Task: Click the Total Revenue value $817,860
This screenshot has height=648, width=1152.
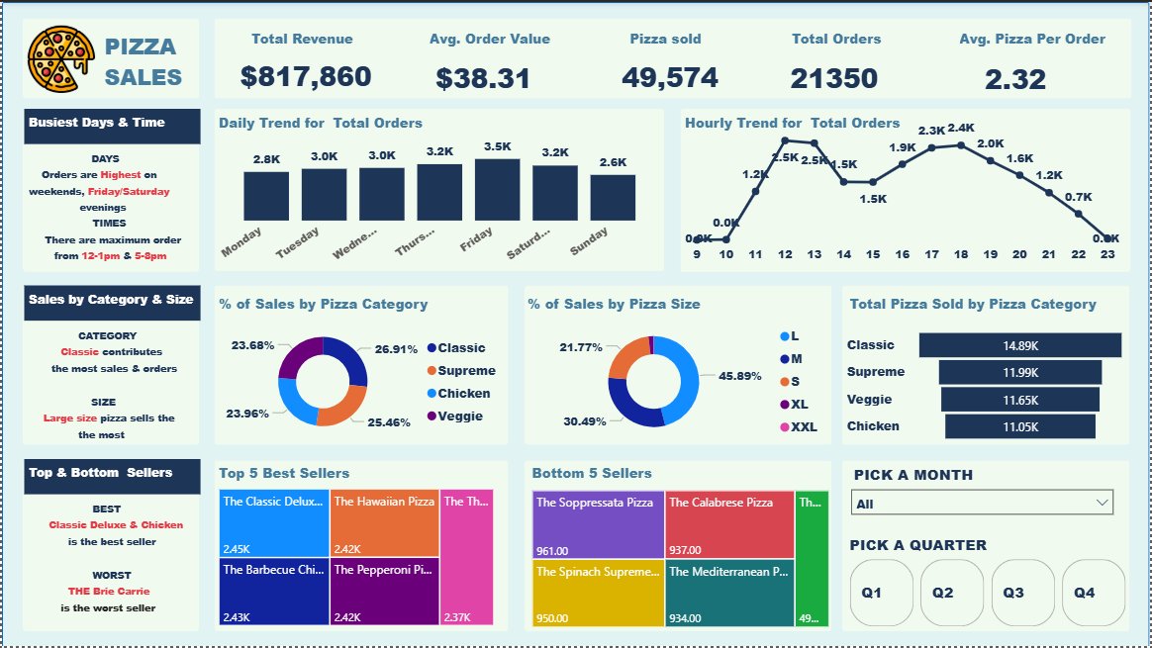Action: pyautogui.click(x=306, y=76)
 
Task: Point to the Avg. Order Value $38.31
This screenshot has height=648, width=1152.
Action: pyautogui.click(x=482, y=78)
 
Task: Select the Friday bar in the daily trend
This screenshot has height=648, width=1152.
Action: pyautogui.click(x=498, y=189)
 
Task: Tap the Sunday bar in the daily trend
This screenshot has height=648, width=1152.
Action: pyautogui.click(x=614, y=197)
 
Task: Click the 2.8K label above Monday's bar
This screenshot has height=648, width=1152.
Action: pyautogui.click(x=266, y=159)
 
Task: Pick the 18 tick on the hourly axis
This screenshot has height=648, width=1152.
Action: pyautogui.click(x=960, y=254)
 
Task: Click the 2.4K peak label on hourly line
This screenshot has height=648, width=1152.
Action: pyautogui.click(x=961, y=128)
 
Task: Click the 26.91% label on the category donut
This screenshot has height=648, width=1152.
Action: pyautogui.click(x=396, y=348)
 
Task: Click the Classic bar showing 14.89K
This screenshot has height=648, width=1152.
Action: pyautogui.click(x=1019, y=345)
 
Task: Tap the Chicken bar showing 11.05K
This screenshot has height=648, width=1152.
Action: pyautogui.click(x=1019, y=426)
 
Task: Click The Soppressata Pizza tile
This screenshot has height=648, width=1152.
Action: pyautogui.click(x=598, y=524)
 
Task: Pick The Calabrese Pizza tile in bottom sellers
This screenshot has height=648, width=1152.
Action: pyautogui.click(x=729, y=524)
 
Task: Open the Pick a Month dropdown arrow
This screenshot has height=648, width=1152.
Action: pyautogui.click(x=1103, y=504)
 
